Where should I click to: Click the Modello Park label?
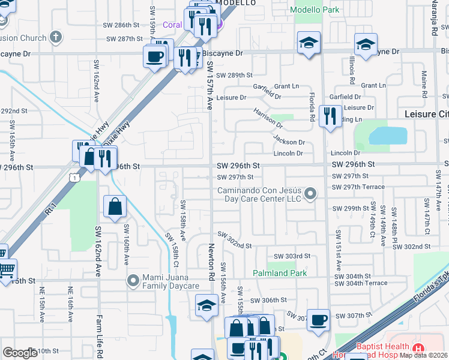315,10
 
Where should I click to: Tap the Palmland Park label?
279,273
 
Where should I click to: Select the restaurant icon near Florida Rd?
330,116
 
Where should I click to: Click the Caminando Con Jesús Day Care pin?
310,194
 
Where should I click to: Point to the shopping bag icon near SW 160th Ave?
114,207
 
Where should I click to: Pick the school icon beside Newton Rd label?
206,305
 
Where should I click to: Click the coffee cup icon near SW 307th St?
319,320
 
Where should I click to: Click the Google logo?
20,353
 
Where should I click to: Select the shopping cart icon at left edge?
5,269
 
